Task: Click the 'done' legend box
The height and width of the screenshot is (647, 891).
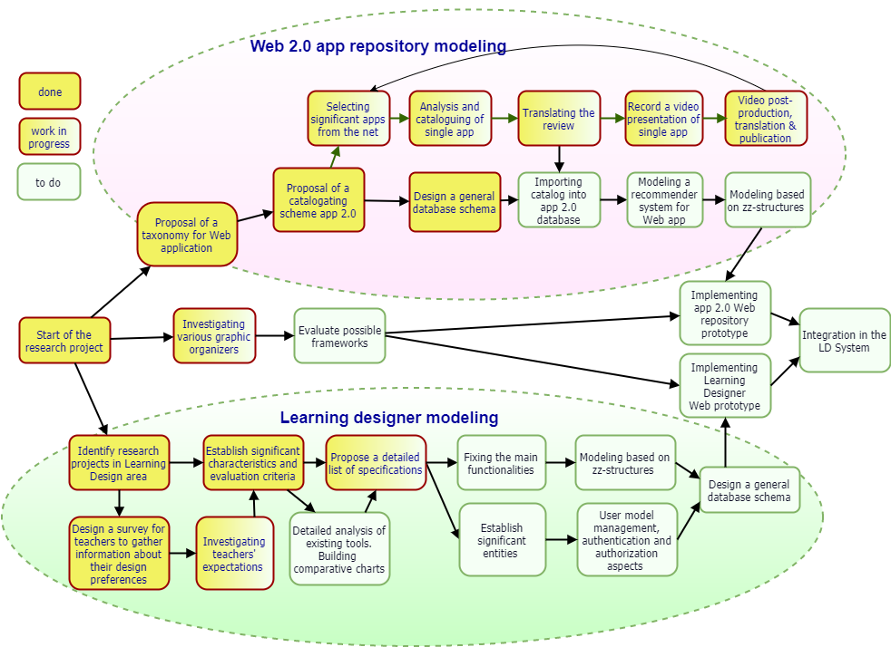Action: pos(50,92)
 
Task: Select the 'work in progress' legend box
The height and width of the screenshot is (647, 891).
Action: pos(49,137)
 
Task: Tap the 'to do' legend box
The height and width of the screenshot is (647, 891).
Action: pos(48,182)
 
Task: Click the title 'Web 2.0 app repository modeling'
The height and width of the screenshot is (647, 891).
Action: pos(377,46)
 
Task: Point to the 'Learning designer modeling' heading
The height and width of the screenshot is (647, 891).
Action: pos(388,418)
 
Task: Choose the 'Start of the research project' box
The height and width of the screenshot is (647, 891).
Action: pos(64,341)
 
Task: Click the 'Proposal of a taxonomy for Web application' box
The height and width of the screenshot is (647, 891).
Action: pos(186,235)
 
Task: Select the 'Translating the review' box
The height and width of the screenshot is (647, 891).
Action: pos(559,118)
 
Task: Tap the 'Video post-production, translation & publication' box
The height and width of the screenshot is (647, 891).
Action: pos(765,119)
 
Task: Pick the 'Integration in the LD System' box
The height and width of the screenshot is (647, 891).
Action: pos(844,341)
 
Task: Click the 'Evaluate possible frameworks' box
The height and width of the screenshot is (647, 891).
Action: pos(339,336)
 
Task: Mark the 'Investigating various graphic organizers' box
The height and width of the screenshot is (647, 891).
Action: pos(214,336)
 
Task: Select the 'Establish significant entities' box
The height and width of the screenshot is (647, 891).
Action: pos(502,540)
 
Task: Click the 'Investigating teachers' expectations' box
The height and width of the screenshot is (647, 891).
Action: pos(234,554)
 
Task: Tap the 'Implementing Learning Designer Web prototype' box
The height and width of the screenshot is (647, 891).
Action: pos(724,386)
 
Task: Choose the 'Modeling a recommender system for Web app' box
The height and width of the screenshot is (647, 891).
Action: pos(665,200)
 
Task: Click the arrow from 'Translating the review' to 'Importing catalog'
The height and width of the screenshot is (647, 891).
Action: pos(559,159)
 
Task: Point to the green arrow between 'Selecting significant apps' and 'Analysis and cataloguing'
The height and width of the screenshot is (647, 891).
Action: pos(399,118)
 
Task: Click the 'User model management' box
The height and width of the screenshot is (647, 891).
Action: pos(627,540)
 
